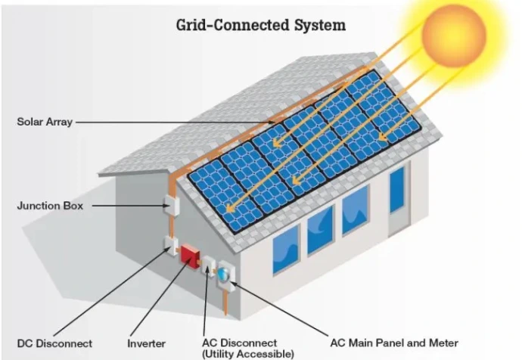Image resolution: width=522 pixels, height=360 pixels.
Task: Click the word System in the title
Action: pyautogui.click(x=318, y=25)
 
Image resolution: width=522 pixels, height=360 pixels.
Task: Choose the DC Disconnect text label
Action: pyautogui.click(x=54, y=343)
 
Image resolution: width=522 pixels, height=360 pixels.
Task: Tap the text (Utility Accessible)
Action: pyautogui.click(x=247, y=353)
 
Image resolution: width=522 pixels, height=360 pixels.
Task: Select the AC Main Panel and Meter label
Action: pyautogui.click(x=394, y=343)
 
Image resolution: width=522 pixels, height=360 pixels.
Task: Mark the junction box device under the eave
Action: pyautogui.click(x=169, y=201)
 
